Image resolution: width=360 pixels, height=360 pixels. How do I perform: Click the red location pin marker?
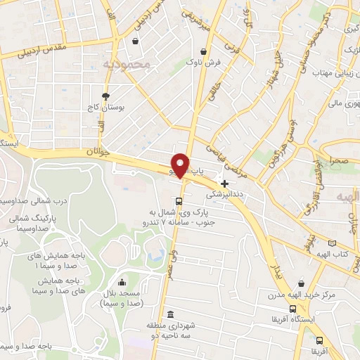click(181, 165)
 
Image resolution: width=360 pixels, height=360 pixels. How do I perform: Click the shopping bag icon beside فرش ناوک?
click(203, 51)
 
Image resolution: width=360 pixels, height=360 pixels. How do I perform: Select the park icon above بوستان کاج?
click(105, 96)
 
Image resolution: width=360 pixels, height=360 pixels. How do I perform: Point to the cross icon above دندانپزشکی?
click(224, 184)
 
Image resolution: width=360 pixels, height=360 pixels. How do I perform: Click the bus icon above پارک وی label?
click(179, 200)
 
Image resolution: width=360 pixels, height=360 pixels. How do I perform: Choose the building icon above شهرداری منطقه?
click(169, 314)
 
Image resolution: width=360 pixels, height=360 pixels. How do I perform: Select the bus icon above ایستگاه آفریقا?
click(292, 309)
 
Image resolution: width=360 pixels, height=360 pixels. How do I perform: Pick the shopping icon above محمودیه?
click(134, 41)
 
